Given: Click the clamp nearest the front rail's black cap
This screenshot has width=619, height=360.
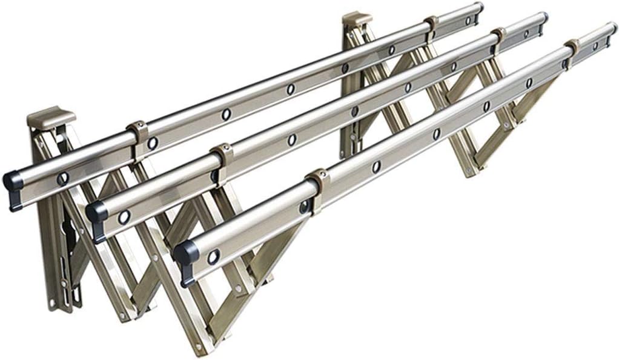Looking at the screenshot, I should pos(317,185).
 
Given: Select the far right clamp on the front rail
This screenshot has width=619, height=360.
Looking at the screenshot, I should pos(571,50).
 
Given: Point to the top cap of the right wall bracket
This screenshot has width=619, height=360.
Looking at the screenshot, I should pos(357,19).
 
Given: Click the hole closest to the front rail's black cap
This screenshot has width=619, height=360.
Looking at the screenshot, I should pos(213,257).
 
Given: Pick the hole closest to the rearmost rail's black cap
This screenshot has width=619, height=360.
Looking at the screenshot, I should pos(63,178).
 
